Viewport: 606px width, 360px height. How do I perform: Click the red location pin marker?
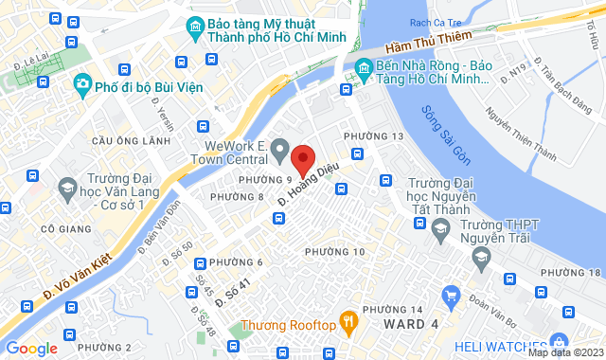302,158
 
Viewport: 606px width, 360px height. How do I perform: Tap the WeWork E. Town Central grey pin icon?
279,150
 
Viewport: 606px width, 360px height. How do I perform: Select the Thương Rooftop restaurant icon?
349,323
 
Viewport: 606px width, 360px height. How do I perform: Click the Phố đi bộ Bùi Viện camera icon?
81,84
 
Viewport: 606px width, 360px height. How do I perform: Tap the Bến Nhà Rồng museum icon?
363,67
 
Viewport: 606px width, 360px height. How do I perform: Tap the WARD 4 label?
410,325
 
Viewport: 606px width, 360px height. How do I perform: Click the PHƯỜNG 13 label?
373,137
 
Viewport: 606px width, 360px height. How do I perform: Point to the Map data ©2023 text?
565,352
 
